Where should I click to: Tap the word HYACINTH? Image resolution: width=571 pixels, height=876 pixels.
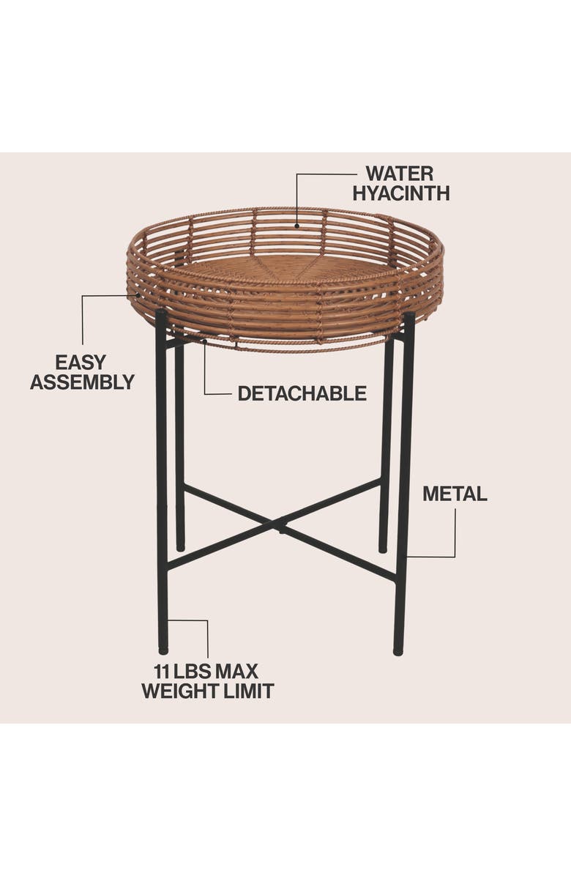pyautogui.click(x=400, y=193)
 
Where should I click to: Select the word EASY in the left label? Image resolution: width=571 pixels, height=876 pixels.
pyautogui.click(x=81, y=362)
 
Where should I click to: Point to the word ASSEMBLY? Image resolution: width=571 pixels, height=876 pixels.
pyautogui.click(x=82, y=382)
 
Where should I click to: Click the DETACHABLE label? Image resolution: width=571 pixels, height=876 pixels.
pyautogui.click(x=302, y=393)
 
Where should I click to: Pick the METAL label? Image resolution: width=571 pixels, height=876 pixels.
pyautogui.click(x=454, y=494)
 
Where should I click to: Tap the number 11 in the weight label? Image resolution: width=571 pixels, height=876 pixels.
pyautogui.click(x=162, y=671)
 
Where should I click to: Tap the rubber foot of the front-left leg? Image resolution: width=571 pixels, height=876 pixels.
pyautogui.click(x=163, y=649)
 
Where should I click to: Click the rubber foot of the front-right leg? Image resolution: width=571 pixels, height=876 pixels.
pyautogui.click(x=398, y=650)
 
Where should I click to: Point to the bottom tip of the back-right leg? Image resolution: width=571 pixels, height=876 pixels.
pyautogui.click(x=383, y=549)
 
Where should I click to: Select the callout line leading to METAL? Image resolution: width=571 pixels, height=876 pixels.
pyautogui.click(x=455, y=535)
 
